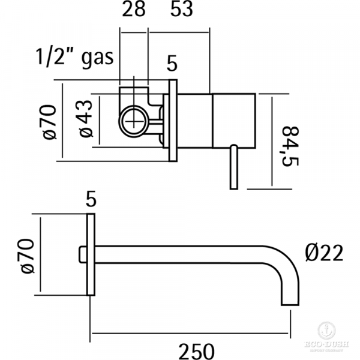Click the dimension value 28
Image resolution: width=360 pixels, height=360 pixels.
click(134, 11)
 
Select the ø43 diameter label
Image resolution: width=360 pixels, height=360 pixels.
click(86, 118)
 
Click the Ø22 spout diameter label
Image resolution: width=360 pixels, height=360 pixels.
click(323, 254)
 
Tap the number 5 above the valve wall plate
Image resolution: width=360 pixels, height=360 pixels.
click(172, 62)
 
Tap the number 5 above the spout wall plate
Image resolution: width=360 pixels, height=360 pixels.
click(91, 199)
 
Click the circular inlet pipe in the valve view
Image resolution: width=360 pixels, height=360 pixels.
click(134, 121)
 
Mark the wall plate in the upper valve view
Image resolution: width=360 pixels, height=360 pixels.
click(173, 120)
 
